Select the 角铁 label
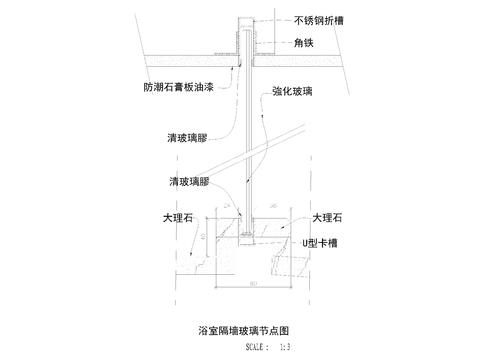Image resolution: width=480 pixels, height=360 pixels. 306,43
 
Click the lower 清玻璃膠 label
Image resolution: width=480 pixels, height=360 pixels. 189,182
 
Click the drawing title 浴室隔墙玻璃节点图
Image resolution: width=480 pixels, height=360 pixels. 244,328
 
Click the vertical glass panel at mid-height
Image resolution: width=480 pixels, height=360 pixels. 247,130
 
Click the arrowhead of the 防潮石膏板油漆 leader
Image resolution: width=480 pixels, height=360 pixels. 240,63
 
